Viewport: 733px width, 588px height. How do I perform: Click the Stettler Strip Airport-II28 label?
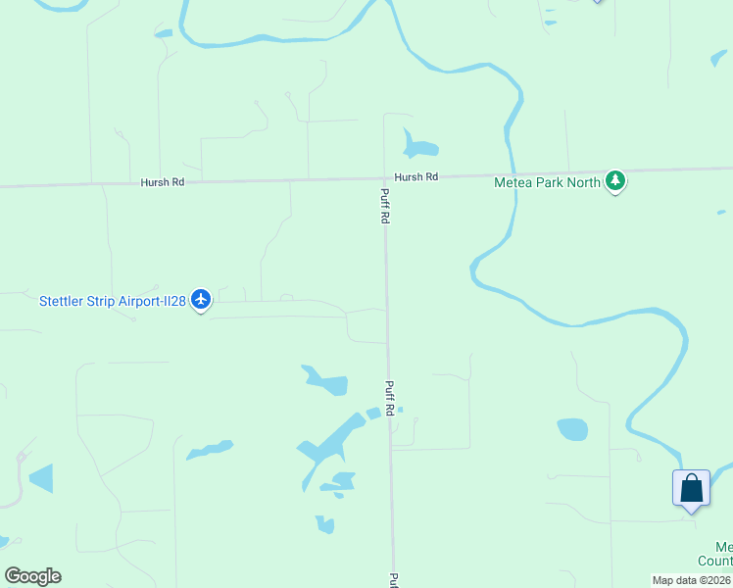pos(112,301)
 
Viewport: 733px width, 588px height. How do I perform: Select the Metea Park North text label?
pos(547,182)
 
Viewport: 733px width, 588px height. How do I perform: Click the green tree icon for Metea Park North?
pos(614,180)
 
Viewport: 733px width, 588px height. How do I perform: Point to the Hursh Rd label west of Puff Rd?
pos(163,182)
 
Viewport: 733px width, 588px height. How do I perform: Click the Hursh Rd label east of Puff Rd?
pos(416,177)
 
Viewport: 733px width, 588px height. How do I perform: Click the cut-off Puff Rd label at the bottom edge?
pos(394,579)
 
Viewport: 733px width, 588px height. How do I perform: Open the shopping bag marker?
pos(691,488)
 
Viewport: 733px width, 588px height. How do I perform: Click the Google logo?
pos(32,576)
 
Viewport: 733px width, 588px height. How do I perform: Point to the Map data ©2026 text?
pos(692,580)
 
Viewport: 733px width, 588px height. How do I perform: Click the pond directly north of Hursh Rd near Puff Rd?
pos(418,148)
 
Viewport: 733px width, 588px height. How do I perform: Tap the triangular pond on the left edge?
pos(42,479)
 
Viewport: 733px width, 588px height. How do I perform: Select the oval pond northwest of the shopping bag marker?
pos(572,429)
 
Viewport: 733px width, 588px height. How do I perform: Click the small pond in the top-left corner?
pos(163,34)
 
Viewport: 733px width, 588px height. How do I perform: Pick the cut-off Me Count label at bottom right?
pos(723,555)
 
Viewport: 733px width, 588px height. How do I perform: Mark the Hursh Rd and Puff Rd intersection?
pos(384,178)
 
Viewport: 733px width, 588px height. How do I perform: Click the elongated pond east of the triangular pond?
pos(210,450)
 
